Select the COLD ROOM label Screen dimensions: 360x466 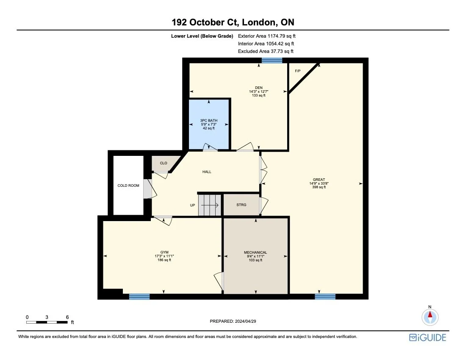pyautogui.click(x=128, y=186)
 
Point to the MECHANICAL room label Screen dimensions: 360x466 pyautogui.click(x=255, y=252)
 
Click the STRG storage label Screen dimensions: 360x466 pyautogui.click(x=241, y=205)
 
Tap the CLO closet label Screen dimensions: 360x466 pyautogui.click(x=163, y=163)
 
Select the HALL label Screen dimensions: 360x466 pyautogui.click(x=206, y=172)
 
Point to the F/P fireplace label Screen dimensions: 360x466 pyautogui.click(x=298, y=71)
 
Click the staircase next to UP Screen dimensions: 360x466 pyautogui.click(x=211, y=205)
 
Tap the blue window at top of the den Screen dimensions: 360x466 pyautogui.click(x=272, y=61)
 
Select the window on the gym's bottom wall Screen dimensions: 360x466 pyautogui.click(x=139, y=296)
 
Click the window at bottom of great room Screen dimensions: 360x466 pyautogui.click(x=325, y=296)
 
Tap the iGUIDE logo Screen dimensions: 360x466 pyautogui.click(x=427, y=337)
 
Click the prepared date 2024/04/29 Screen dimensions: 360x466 pyautogui.click(x=233, y=321)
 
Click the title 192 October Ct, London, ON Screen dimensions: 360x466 pyautogui.click(x=233, y=22)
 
